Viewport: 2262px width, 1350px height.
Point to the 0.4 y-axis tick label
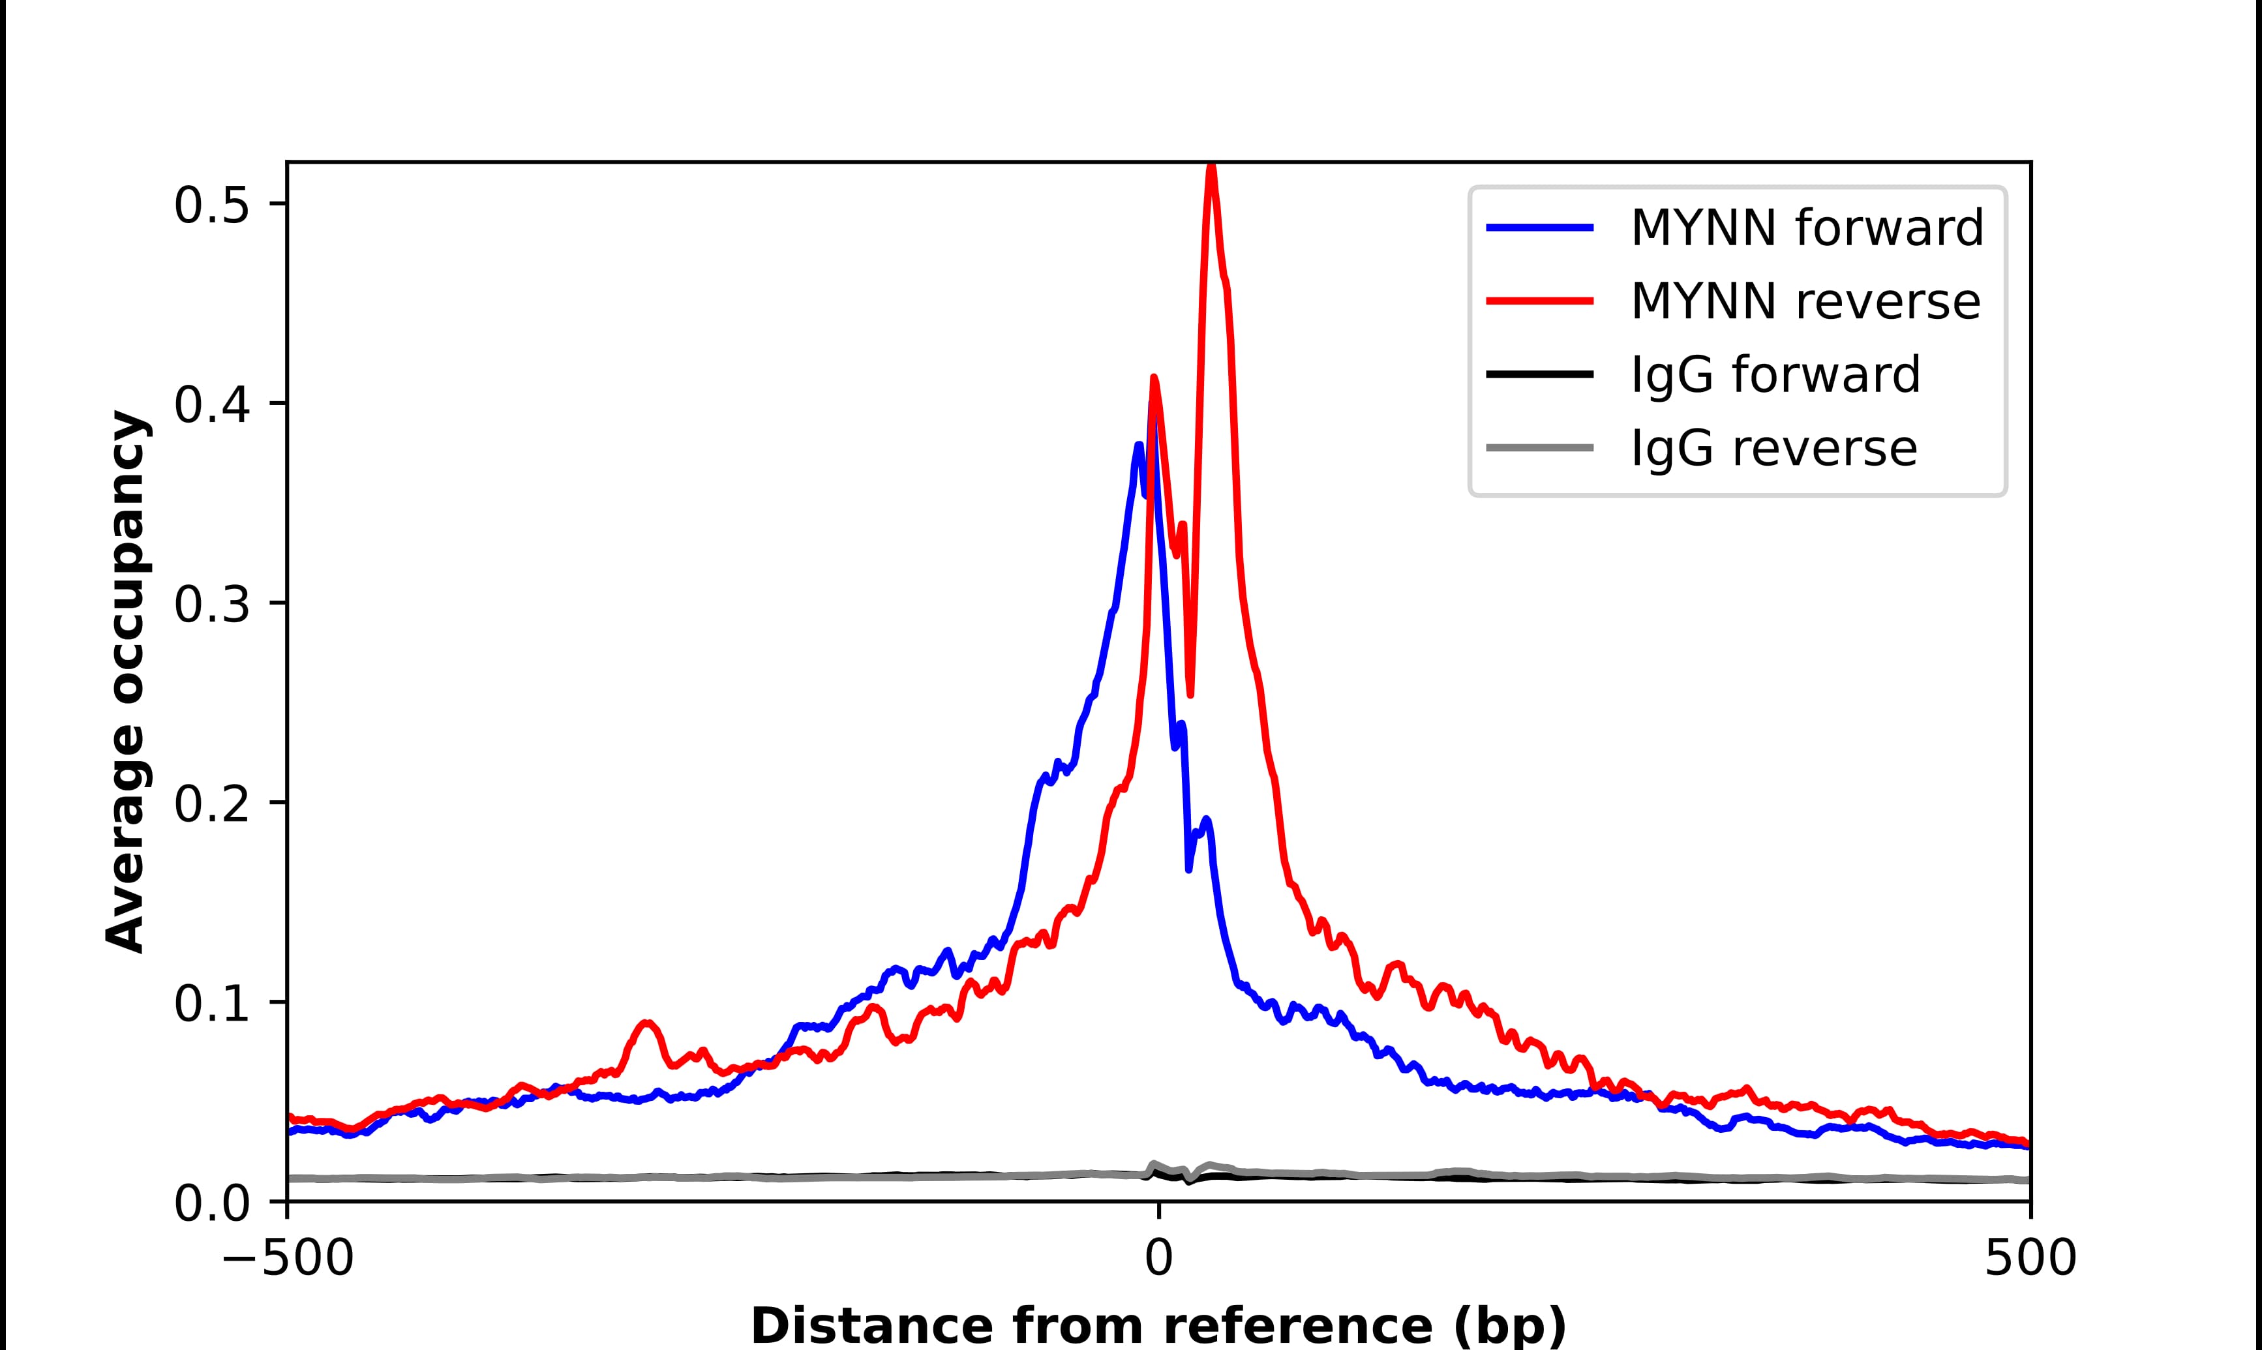[211, 406]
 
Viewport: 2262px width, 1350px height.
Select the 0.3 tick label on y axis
[211, 605]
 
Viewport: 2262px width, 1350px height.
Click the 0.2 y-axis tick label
[211, 805]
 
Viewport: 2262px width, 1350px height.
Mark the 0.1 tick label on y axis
[211, 1004]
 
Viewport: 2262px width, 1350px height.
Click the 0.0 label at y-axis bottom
[211, 1203]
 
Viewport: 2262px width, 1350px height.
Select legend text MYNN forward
[1806, 228]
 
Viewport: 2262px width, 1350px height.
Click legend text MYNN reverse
[1805, 301]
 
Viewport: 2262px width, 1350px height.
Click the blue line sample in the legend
[1539, 228]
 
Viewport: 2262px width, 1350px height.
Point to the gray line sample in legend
[1539, 447]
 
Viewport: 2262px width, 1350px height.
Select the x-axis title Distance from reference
[1158, 1325]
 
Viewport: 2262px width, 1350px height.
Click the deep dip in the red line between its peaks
[1190, 694]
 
